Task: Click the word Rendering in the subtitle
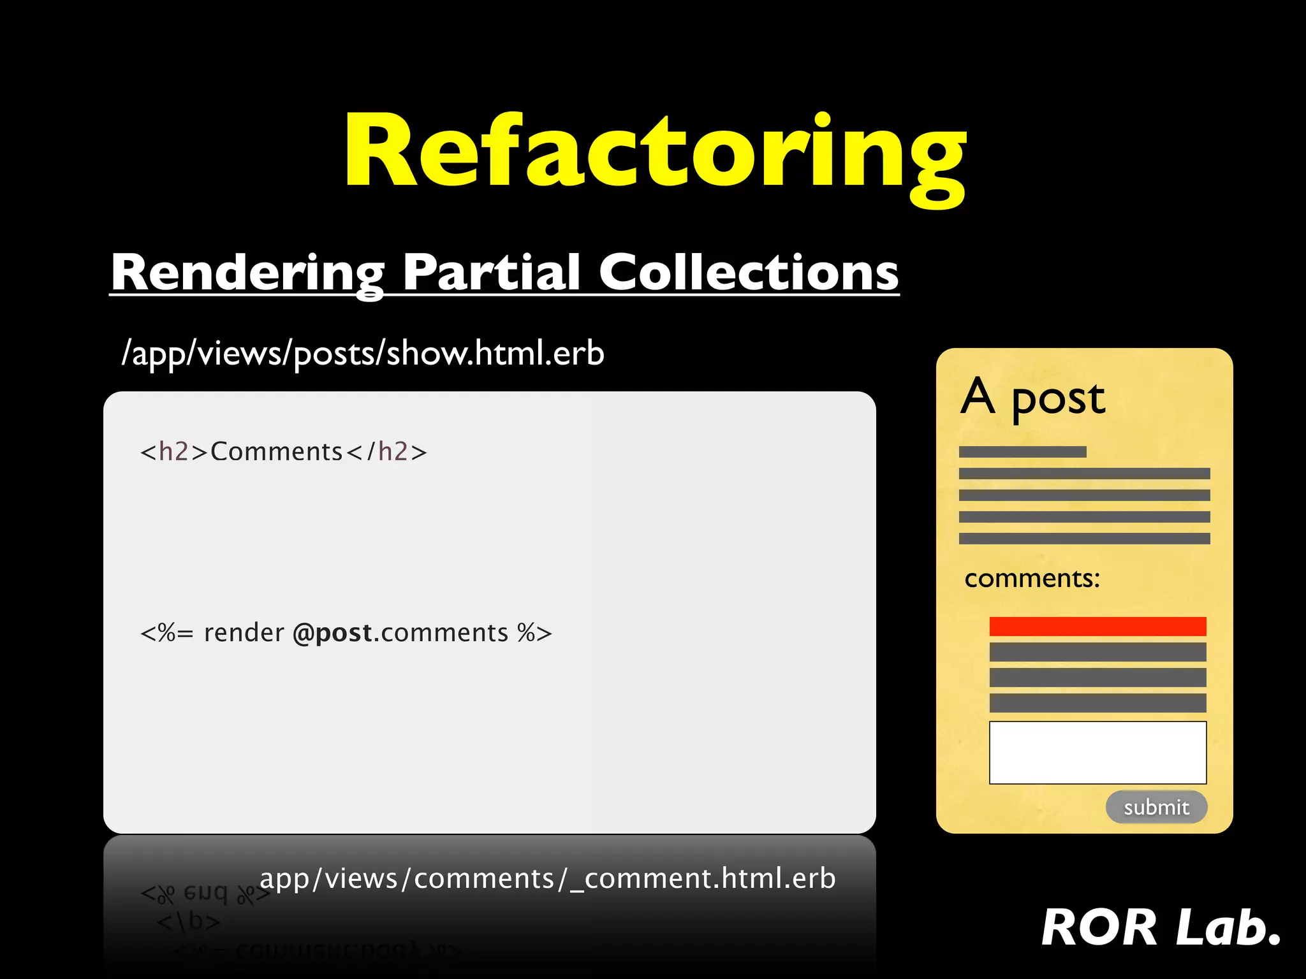click(247, 273)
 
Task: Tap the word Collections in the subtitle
click(749, 273)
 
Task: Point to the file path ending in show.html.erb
click(363, 353)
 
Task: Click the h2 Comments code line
click(283, 452)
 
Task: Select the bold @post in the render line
click(332, 633)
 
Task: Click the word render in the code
click(244, 633)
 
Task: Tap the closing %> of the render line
click(534, 633)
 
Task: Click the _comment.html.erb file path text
click(547, 878)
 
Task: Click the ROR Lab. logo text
click(1161, 927)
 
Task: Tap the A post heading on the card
click(1032, 398)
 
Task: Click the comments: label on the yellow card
click(1032, 579)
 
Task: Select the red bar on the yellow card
click(1097, 627)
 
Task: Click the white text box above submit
click(1097, 752)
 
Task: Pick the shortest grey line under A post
click(1022, 452)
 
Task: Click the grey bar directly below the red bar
click(1097, 652)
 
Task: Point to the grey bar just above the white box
click(1097, 703)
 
